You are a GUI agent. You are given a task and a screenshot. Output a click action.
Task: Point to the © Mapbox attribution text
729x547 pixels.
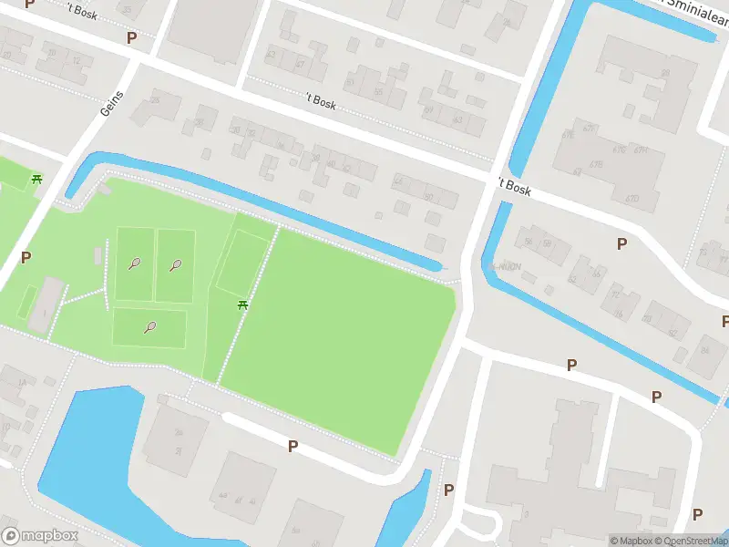(631, 541)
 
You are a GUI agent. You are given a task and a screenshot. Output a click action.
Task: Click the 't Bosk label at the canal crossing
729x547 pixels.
(516, 188)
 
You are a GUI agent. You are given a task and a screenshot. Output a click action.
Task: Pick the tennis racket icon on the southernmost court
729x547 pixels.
(149, 327)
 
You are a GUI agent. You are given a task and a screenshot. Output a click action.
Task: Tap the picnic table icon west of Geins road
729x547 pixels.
(36, 179)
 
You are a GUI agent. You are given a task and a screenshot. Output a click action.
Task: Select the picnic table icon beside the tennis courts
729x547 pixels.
(243, 304)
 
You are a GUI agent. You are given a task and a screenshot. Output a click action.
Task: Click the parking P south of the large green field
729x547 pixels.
(293, 446)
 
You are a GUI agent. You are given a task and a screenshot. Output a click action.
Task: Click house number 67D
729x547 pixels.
(631, 198)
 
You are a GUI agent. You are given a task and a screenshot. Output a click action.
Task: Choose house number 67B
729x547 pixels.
(597, 165)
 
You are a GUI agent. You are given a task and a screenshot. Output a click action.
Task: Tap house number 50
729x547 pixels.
(428, 196)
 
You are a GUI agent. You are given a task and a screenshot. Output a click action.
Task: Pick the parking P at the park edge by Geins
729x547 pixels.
(26, 257)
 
